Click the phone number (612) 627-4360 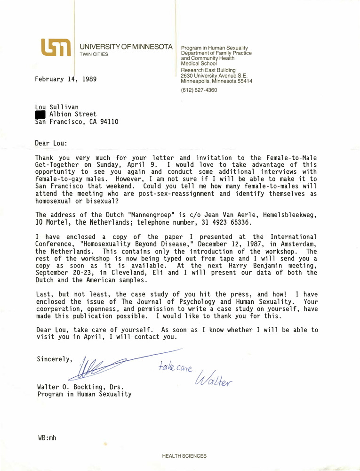(199, 90)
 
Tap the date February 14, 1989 (65, 79)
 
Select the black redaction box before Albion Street (40, 114)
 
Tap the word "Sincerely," (55, 359)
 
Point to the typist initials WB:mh (47, 438)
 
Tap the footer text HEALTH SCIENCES (184, 456)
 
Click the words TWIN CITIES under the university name (94, 54)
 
